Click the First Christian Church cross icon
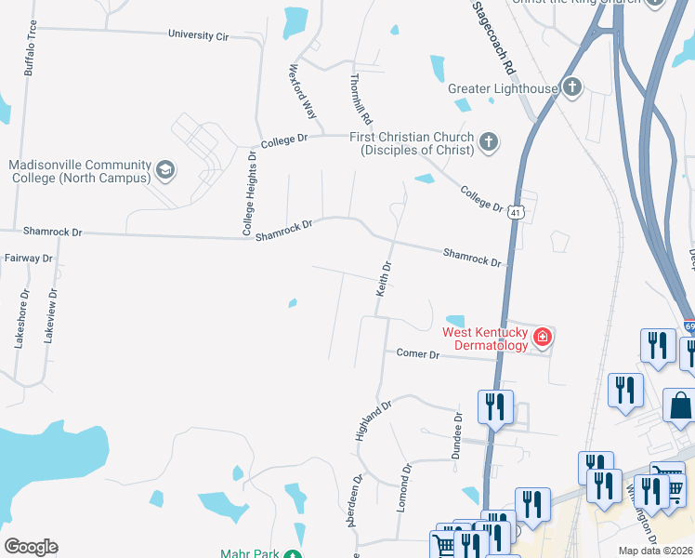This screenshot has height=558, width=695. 488,142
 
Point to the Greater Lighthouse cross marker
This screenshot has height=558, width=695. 572,88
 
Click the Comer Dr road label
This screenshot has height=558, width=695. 417,353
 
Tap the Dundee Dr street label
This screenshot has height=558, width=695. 456,433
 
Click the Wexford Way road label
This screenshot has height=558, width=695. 303,91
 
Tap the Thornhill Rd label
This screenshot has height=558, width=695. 361,100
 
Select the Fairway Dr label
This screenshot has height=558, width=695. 28,258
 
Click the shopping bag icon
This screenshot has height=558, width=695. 681,406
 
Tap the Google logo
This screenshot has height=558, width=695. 31,547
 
